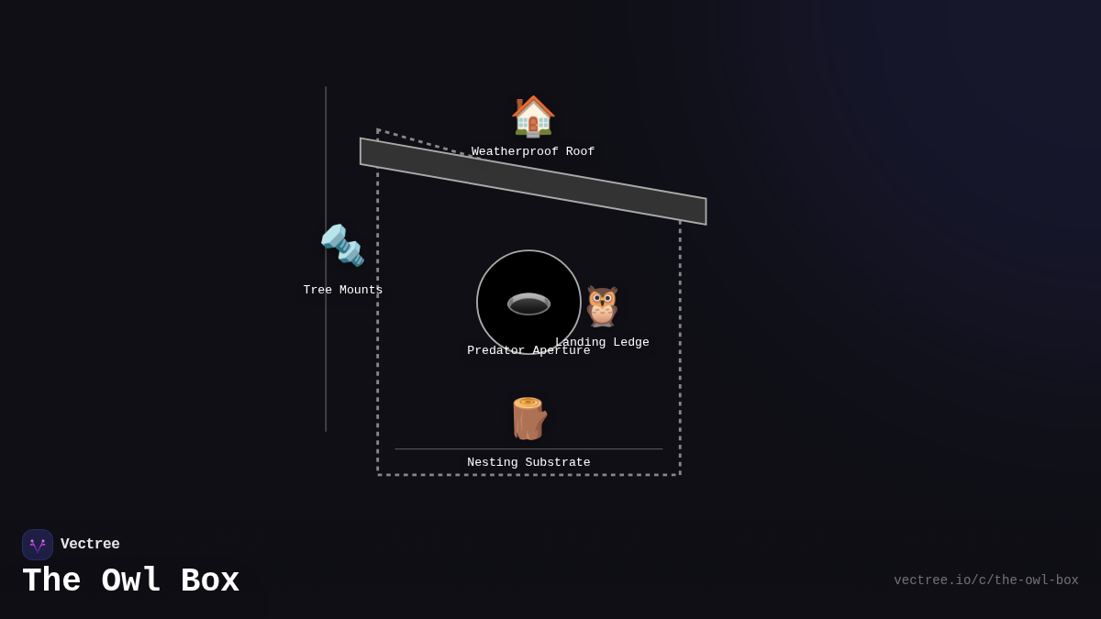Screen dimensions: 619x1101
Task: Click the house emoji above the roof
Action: click(533, 116)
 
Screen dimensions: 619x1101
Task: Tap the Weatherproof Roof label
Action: click(533, 152)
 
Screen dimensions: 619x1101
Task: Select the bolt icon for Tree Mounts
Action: click(342, 245)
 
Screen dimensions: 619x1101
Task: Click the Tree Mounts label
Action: click(343, 291)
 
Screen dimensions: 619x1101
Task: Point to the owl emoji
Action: click(602, 306)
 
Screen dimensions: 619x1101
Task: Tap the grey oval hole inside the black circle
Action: click(528, 304)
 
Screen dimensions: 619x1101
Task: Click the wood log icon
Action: click(528, 418)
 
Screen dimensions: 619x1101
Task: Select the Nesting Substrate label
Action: click(528, 463)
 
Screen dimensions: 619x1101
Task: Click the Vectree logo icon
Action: click(38, 545)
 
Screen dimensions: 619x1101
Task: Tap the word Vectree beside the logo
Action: click(90, 545)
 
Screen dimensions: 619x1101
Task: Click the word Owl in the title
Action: click(131, 581)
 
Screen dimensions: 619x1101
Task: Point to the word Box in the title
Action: click(210, 581)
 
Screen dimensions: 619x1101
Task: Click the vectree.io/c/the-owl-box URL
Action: click(985, 580)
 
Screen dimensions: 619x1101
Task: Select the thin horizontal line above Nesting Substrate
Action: click(528, 449)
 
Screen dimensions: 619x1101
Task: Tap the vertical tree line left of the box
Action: click(326, 367)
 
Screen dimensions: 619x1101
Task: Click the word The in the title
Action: click(51, 581)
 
